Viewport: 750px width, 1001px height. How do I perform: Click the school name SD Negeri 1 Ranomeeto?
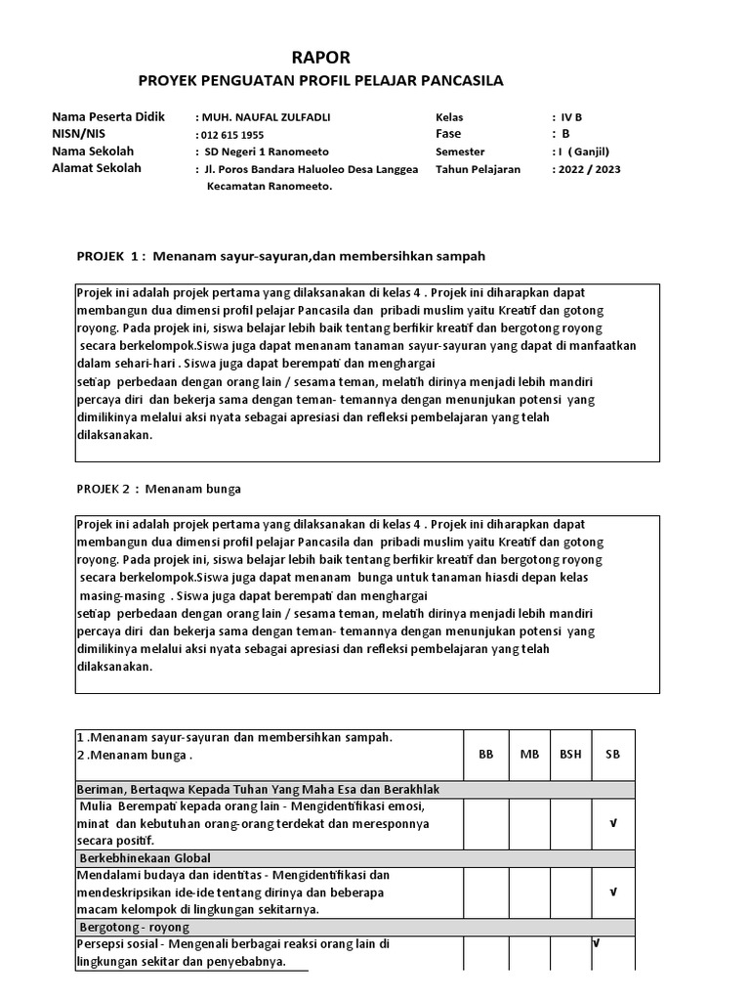tap(267, 152)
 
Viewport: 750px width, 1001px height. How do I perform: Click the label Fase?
tap(448, 134)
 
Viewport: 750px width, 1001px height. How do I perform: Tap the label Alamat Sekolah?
tap(96, 168)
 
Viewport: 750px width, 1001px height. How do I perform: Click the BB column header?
tap(485, 755)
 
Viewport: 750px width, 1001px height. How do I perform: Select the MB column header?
tap(529, 755)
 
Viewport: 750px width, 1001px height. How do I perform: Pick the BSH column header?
tap(570, 755)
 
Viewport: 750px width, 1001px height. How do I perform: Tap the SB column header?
tap(612, 755)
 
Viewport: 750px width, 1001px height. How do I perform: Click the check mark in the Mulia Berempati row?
tap(613, 824)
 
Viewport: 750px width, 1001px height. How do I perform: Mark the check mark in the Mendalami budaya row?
tap(613, 892)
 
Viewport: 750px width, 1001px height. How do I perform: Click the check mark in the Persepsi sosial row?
tap(595, 943)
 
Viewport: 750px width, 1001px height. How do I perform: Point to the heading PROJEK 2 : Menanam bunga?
tap(158, 488)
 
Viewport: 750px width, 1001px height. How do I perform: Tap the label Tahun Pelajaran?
tap(478, 169)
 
